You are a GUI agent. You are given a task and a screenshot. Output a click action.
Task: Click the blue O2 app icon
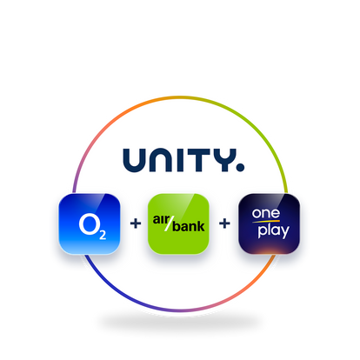coord(90,223)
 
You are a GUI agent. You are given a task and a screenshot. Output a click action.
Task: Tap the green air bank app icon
coord(178,223)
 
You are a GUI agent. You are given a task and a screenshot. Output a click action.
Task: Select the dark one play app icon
coord(269,223)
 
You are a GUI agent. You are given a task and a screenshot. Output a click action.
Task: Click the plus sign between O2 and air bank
coord(136,223)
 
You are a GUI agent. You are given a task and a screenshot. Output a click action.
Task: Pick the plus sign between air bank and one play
coord(224,223)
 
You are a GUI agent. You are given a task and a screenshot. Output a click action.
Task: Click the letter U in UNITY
coord(134,160)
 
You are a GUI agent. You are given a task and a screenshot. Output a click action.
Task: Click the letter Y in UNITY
coord(224,160)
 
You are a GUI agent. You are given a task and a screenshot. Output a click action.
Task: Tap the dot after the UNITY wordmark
coord(240,168)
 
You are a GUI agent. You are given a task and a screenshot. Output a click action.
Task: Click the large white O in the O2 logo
coord(89,223)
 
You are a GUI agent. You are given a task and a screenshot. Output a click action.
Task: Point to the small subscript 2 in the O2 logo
coord(103,235)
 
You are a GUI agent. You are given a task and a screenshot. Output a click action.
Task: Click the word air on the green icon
coord(161,220)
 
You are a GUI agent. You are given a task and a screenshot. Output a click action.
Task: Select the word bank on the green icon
coord(189,226)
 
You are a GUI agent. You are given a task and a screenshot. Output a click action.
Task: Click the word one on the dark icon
coord(266,214)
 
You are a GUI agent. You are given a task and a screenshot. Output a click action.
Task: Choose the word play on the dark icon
coord(274,231)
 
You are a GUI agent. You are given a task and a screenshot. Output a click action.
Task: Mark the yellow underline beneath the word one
coord(266,222)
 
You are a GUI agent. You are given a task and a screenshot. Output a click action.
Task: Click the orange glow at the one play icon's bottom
coord(269,250)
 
